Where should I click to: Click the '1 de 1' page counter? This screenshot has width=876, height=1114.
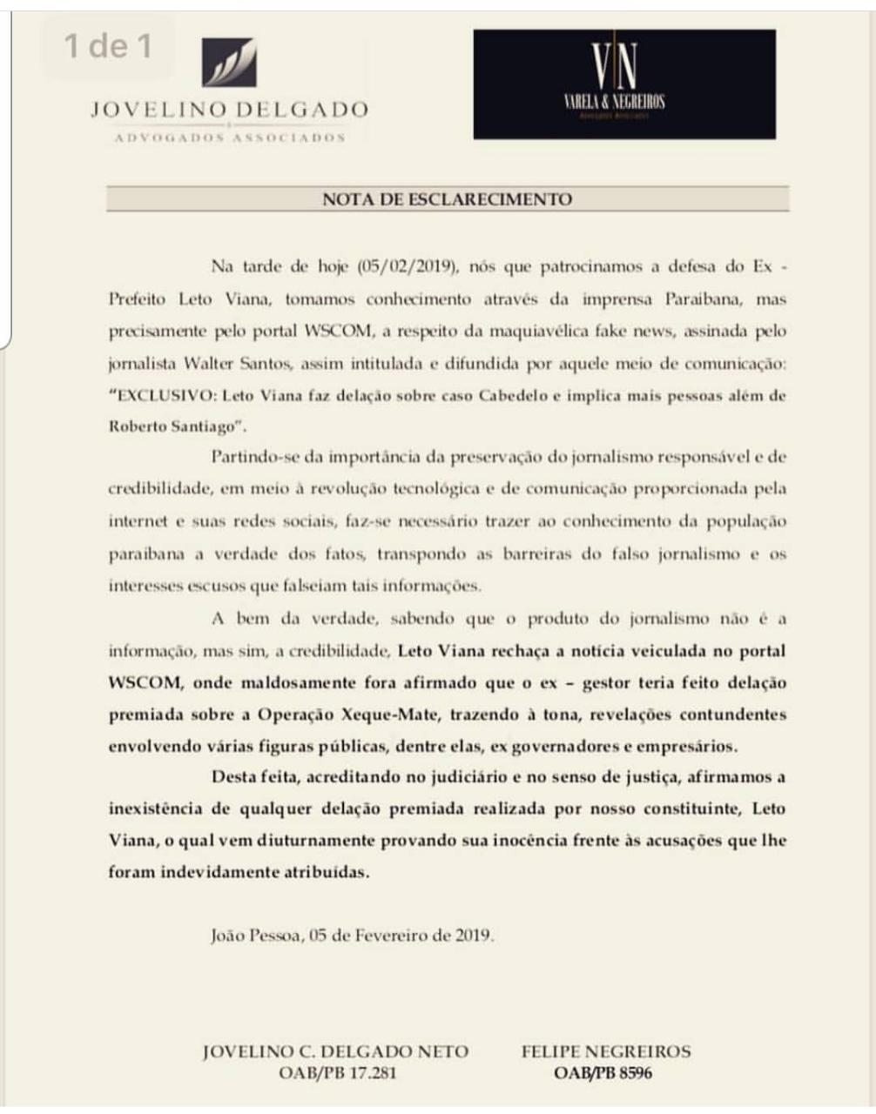click(x=108, y=45)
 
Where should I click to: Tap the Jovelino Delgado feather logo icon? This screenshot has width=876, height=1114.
click(x=229, y=63)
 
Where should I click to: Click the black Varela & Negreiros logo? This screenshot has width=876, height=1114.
click(x=623, y=84)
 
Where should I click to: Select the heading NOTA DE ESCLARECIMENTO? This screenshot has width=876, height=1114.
click(x=447, y=199)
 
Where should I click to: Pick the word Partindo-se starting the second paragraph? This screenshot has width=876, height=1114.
click(x=253, y=456)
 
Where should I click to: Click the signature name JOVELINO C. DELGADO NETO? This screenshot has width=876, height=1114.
click(x=335, y=1051)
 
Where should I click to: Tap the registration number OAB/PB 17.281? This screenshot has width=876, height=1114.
click(x=337, y=1073)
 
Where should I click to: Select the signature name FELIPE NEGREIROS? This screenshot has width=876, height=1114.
click(x=606, y=1051)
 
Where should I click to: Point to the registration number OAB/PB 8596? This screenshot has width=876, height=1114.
click(x=602, y=1073)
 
